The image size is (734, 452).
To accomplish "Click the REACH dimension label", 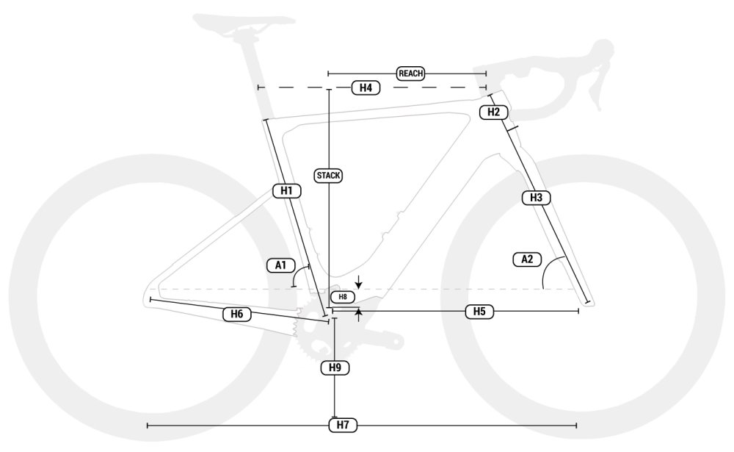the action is (410, 73).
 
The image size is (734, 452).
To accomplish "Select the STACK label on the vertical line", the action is (329, 176).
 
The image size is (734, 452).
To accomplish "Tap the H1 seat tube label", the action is (286, 191).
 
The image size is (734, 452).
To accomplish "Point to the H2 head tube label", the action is (494, 112).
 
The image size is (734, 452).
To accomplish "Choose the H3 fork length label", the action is (536, 198).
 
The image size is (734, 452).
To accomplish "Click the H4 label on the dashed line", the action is (366, 87).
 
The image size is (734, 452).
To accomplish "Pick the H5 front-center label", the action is (479, 312).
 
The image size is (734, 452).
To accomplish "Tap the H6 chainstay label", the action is (237, 314).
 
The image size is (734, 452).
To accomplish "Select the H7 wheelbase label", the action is (343, 425).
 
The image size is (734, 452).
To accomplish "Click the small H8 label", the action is (343, 297).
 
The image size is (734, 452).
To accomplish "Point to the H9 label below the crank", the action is (335, 367).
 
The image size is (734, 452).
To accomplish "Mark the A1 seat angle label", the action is (281, 265).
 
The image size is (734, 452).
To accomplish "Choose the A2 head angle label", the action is (527, 259).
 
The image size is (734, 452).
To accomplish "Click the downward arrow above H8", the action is (359, 282).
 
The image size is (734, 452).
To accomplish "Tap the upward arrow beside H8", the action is (359, 315).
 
